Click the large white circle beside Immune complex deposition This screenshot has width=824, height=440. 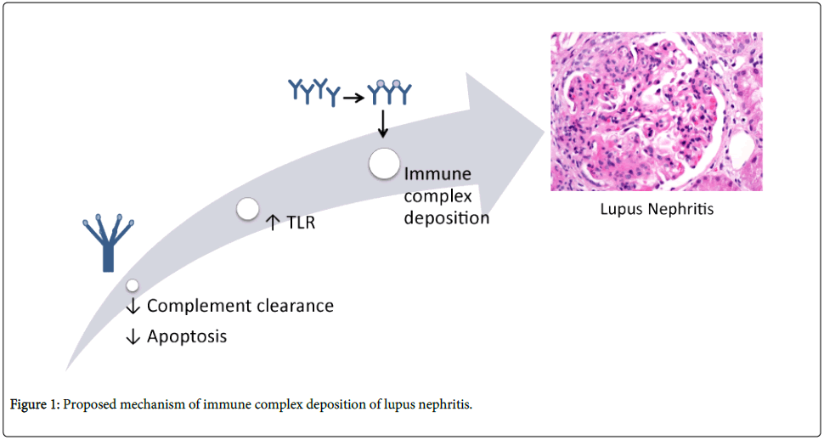click(x=384, y=163)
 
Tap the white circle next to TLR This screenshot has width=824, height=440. click(x=247, y=209)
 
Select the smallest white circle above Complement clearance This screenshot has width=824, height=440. click(x=133, y=285)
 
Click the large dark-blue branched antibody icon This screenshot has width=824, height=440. click(x=107, y=242)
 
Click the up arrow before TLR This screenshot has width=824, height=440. click(x=273, y=223)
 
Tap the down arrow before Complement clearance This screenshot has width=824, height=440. click(x=133, y=306)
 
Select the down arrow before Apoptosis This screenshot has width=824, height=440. click(x=133, y=336)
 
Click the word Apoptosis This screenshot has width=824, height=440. click(x=187, y=336)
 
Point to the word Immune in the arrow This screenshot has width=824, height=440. click(x=437, y=175)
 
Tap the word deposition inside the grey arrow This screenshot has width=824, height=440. click(x=447, y=217)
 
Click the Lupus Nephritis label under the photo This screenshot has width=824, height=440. click(x=657, y=208)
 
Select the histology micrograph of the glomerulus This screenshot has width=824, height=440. click(x=656, y=111)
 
